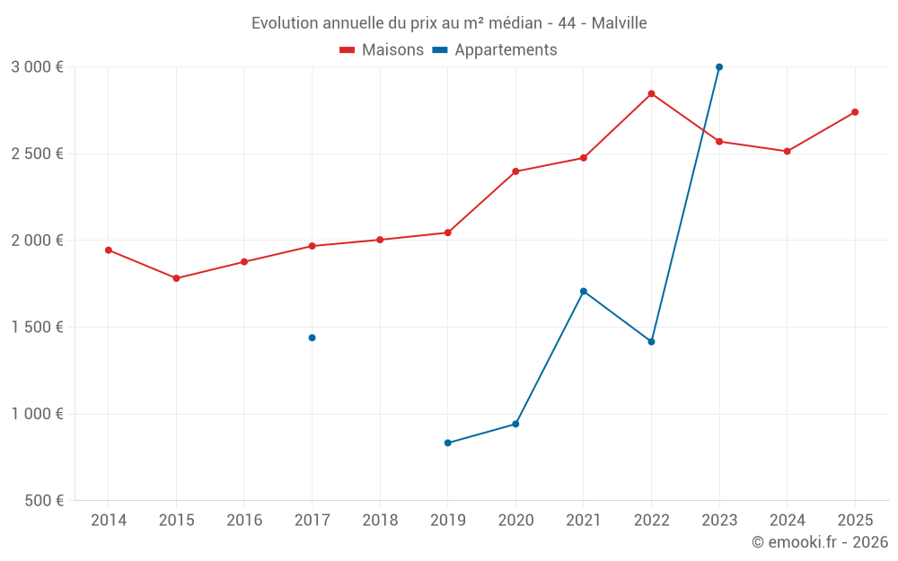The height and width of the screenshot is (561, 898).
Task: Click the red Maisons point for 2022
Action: pyautogui.click(x=651, y=93)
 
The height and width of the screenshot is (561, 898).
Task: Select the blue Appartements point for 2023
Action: pyautogui.click(x=719, y=67)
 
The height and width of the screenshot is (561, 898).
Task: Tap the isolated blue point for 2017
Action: pyautogui.click(x=312, y=337)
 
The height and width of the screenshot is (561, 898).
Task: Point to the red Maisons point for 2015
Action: pyautogui.click(x=176, y=278)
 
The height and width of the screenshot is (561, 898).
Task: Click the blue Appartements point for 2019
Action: pyautogui.click(x=447, y=443)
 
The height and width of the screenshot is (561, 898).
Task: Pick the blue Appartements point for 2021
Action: pyautogui.click(x=584, y=292)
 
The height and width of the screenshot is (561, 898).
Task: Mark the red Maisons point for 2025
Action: pyautogui.click(x=855, y=112)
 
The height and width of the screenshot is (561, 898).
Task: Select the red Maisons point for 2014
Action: pyautogui.click(x=109, y=250)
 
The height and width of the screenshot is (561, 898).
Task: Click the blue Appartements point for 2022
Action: pyautogui.click(x=651, y=342)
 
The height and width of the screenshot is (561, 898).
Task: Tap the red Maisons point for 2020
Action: pyautogui.click(x=515, y=171)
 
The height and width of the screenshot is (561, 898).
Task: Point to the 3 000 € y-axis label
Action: pyautogui.click(x=38, y=67)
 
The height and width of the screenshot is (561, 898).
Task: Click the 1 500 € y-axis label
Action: pyautogui.click(x=38, y=328)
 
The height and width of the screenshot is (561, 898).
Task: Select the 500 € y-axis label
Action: pyautogui.click(x=43, y=501)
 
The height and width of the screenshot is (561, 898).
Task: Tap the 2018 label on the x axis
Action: pyautogui.click(x=380, y=521)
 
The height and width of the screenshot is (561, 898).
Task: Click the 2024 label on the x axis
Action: pyautogui.click(x=787, y=521)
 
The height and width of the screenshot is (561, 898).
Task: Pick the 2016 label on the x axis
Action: pyautogui.click(x=244, y=521)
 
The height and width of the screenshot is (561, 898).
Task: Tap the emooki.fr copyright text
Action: pyautogui.click(x=820, y=542)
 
